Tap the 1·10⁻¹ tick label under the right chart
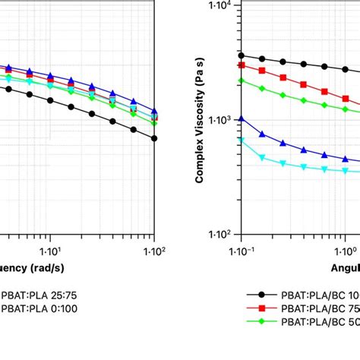(x=242, y=248)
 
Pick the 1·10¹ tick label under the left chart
(x=50, y=248)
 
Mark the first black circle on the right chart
(x=242, y=55)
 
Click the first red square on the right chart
(x=242, y=65)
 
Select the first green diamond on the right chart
(x=242, y=80)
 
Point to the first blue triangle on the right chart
(x=242, y=118)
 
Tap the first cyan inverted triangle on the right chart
(x=242, y=141)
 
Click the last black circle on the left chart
(x=154, y=138)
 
